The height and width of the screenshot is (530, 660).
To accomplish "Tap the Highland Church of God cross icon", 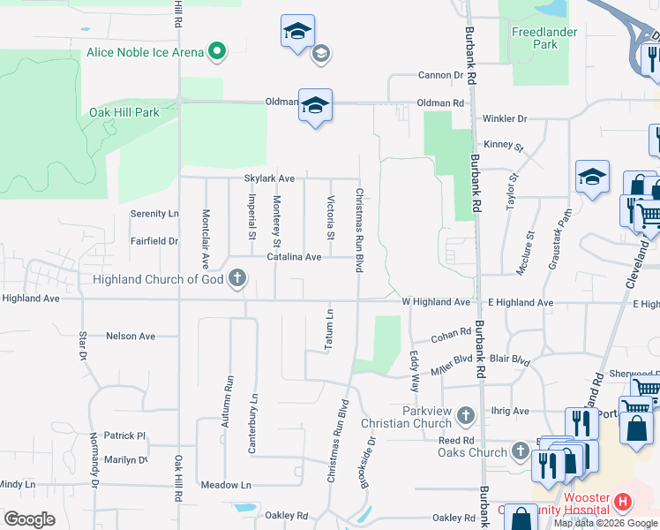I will tap(236, 280).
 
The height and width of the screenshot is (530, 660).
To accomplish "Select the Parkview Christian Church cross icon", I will tap(466, 414).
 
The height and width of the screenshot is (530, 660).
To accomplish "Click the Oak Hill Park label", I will tap(124, 112).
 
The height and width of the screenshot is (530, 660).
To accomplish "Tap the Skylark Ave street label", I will tap(269, 178).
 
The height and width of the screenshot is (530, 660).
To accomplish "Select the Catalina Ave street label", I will tap(294, 257).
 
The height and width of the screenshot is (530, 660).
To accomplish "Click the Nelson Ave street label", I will tap(130, 337).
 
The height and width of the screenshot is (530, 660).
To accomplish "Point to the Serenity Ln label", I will tap(154, 214).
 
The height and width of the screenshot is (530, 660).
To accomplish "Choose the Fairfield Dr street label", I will tap(154, 240).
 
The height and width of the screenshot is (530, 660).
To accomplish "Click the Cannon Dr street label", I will tap(440, 76).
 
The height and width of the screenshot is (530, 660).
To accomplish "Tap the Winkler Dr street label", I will tap(504, 118).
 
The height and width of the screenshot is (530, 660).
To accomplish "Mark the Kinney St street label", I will tap(503, 145).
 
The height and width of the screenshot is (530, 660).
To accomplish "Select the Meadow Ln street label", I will tap(226, 485).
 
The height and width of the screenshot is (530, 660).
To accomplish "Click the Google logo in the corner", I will tap(29, 519).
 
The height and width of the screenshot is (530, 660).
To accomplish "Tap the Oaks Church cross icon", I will tap(522, 453).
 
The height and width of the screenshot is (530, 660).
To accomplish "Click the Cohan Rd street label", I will tap(452, 337).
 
